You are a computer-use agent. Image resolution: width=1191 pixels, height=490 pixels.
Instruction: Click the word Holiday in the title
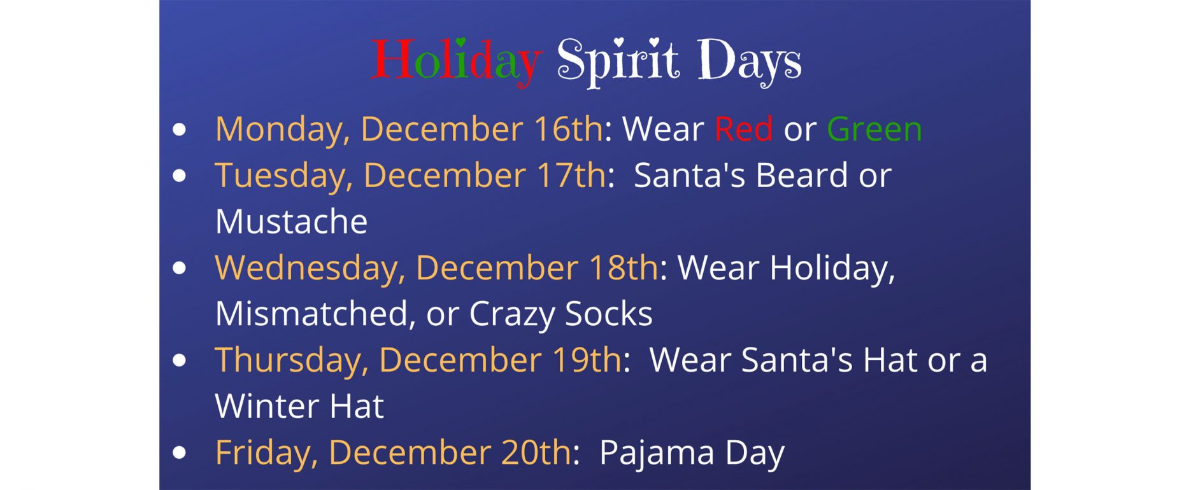tap(456, 62)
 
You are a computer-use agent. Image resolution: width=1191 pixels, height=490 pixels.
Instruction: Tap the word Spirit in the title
tap(618, 62)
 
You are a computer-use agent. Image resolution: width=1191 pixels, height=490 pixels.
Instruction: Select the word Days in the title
tap(749, 62)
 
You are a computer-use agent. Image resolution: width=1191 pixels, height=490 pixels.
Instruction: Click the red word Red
tap(743, 129)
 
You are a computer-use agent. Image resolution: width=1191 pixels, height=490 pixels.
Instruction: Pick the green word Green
tap(874, 129)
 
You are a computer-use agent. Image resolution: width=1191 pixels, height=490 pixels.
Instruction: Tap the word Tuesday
tap(283, 176)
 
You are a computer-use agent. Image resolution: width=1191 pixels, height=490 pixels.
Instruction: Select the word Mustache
tap(291, 221)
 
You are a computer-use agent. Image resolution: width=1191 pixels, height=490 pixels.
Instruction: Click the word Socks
tap(609, 314)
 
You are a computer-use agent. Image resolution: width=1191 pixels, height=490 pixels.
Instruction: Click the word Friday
tap(266, 453)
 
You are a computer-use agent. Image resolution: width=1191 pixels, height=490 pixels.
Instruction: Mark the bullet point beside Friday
tap(180, 452)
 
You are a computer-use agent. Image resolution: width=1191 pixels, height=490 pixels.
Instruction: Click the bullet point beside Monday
tap(180, 129)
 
